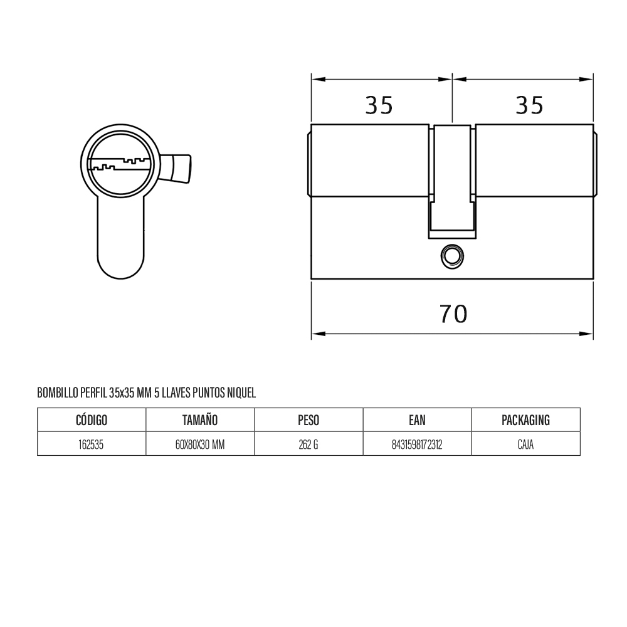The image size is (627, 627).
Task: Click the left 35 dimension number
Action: click(379, 105)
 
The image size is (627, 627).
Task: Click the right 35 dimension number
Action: click(529, 105)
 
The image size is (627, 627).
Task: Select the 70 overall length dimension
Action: click(453, 314)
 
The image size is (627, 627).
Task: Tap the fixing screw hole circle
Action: click(452, 256)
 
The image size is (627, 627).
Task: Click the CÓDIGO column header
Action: click(92, 420)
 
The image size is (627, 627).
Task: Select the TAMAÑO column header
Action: click(200, 420)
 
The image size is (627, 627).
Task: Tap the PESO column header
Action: click(308, 420)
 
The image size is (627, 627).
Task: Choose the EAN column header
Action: click(417, 420)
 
